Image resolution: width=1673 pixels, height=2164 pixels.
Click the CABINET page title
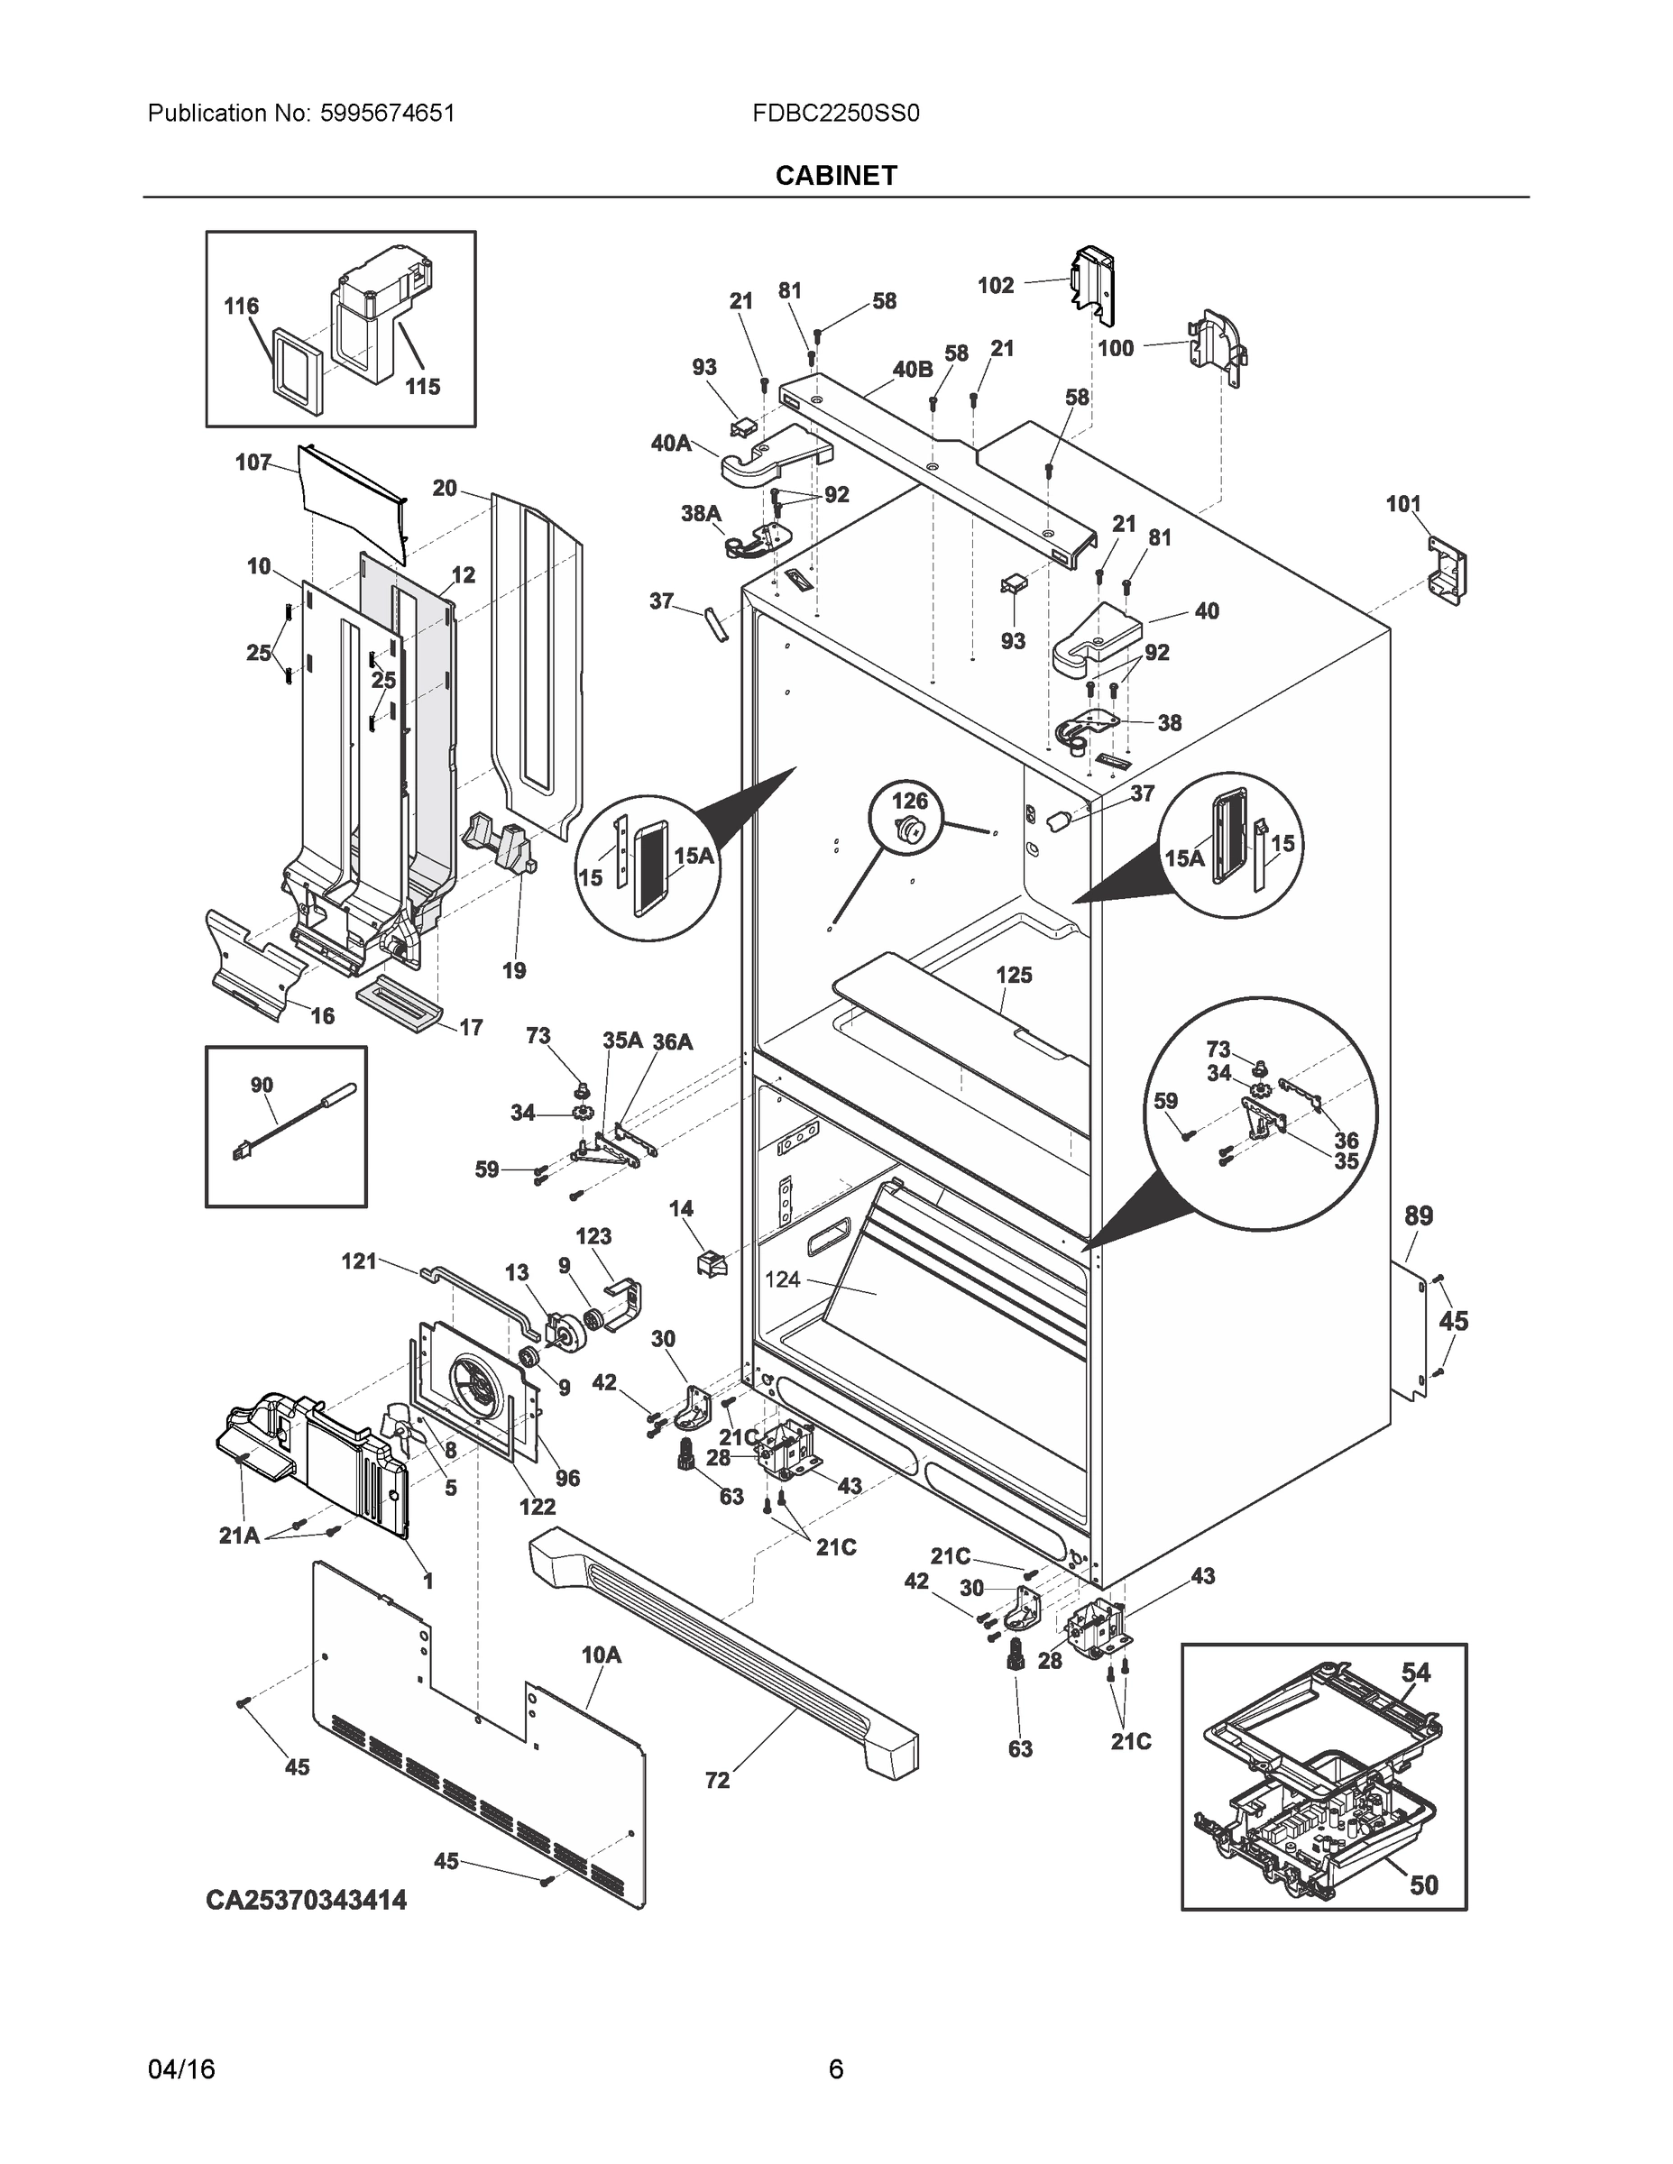click(x=835, y=176)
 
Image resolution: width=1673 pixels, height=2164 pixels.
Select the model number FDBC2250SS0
click(x=835, y=113)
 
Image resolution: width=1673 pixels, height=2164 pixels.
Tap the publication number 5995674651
click(x=387, y=113)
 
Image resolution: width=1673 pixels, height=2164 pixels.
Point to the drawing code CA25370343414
click(x=307, y=1900)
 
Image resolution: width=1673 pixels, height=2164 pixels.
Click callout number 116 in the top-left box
click(x=241, y=307)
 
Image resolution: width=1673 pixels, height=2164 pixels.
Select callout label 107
click(x=253, y=462)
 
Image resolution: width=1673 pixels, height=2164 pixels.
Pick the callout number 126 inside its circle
click(x=910, y=800)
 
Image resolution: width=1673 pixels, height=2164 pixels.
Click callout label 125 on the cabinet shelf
click(x=1014, y=975)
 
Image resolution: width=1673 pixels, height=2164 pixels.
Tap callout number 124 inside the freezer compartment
click(x=782, y=1279)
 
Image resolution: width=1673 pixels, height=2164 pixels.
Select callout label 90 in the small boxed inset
click(x=262, y=1085)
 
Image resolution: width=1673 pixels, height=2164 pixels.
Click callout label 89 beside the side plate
click(x=1419, y=1215)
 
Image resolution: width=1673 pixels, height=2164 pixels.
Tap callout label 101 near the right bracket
click(x=1402, y=504)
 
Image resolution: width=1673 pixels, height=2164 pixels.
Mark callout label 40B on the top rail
click(x=912, y=369)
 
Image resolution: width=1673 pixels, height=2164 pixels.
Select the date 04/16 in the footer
click(x=181, y=2069)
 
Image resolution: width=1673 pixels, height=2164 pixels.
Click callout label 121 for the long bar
click(x=359, y=1261)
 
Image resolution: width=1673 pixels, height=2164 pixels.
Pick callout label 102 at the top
click(x=995, y=285)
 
